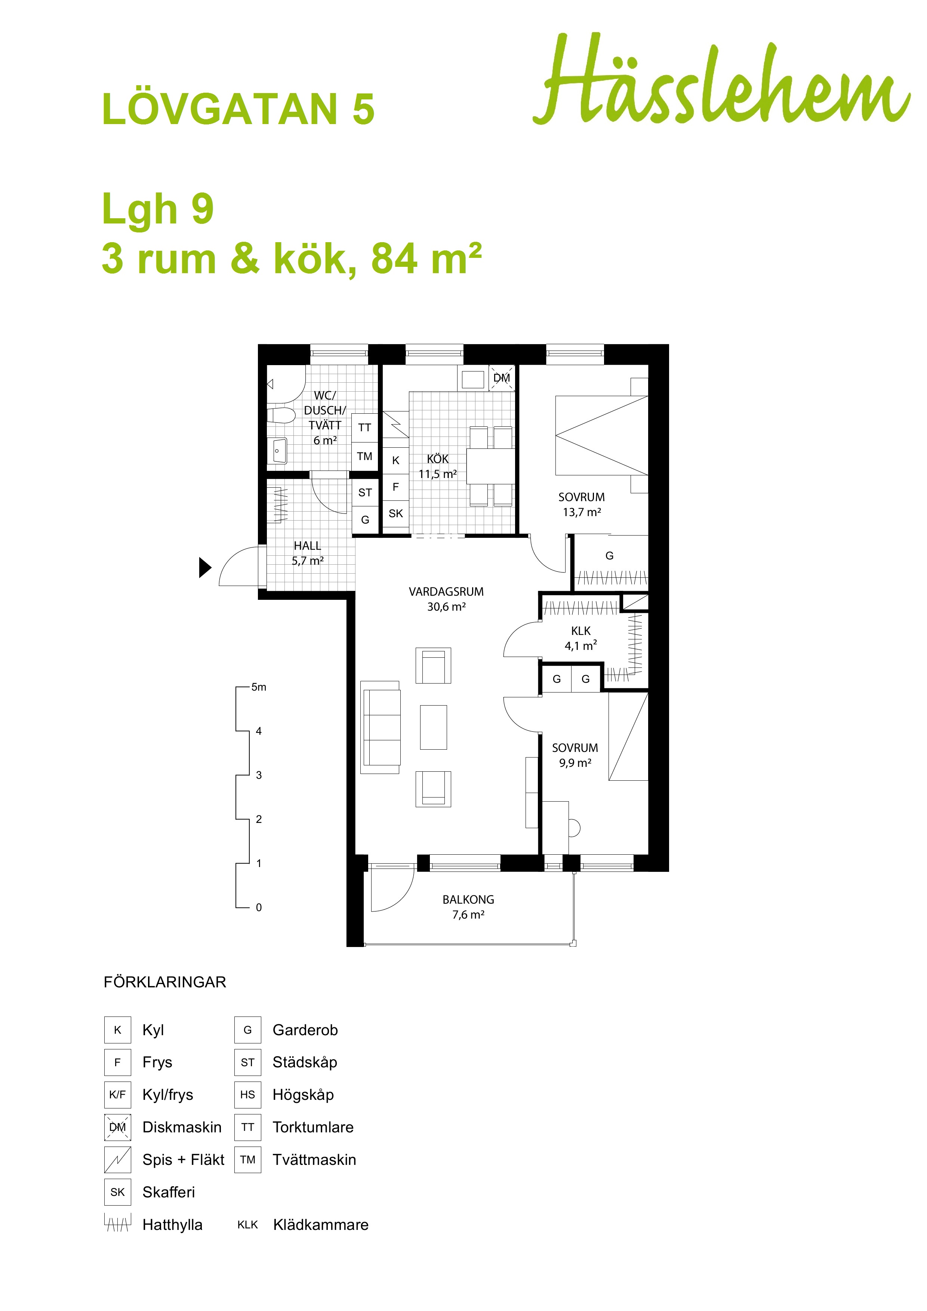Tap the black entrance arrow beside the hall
tap(205, 568)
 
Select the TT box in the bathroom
tap(364, 428)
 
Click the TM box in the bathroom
tap(364, 456)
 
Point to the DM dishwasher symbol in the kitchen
tap(502, 378)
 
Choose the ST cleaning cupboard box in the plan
tap(365, 492)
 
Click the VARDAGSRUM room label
tap(446, 592)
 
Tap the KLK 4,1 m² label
tap(581, 638)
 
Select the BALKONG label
tap(468, 899)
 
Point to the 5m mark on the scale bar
tap(259, 687)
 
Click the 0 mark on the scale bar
tap(259, 907)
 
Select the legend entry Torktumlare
tap(313, 1127)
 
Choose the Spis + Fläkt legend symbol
tap(118, 1160)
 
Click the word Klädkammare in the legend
tap(321, 1225)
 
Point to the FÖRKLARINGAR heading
tap(165, 982)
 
